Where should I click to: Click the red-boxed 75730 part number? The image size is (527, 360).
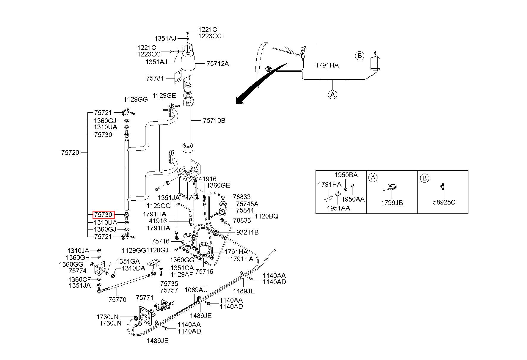103,215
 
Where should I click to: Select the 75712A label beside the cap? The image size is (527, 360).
218,64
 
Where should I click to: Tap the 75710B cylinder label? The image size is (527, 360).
214,120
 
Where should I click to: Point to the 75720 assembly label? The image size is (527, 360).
70,153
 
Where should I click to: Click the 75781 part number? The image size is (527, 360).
155,78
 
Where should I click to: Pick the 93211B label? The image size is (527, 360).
247,232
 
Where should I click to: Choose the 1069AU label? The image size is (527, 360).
196,290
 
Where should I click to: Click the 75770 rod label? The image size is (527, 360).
117,300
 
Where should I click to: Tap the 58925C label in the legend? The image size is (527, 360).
444,202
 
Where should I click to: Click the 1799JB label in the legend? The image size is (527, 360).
392,203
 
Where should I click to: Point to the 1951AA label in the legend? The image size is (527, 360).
338,208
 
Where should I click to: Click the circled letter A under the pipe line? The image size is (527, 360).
332,95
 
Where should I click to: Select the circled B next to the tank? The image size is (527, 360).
360,56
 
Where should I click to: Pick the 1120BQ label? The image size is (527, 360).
267,216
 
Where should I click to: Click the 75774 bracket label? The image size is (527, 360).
77,271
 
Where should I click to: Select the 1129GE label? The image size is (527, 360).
164,95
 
